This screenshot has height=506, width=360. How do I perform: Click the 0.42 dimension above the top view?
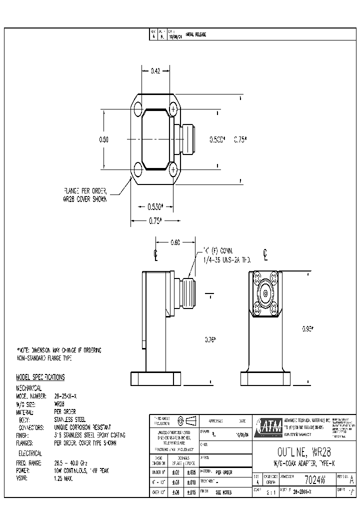tap(155, 71)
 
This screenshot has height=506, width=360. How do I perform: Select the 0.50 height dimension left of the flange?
tap(103, 139)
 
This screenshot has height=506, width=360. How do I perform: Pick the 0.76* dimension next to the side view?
tap(210, 340)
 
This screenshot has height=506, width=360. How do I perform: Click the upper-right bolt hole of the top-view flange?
tap(173, 108)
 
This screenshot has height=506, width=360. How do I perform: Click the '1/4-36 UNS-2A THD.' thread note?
tap(226, 260)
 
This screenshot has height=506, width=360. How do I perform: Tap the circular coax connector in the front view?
tap(264, 294)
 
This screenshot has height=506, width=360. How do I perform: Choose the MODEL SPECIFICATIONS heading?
tap(41, 377)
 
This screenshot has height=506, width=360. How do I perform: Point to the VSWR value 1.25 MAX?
tap(64, 478)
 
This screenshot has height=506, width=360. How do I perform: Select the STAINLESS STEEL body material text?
tap(70, 419)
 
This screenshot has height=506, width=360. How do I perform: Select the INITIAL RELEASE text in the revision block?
tap(196, 34)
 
